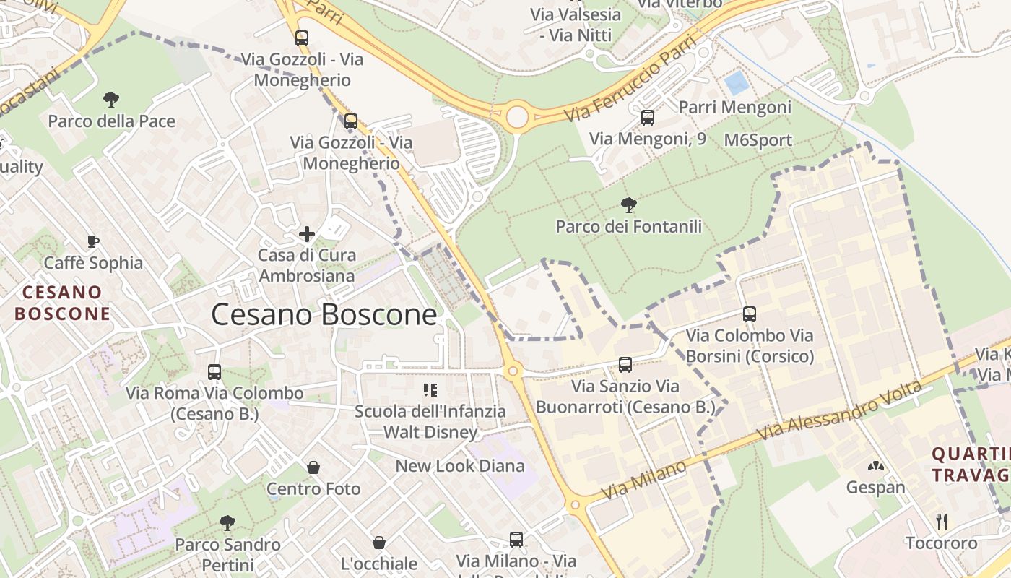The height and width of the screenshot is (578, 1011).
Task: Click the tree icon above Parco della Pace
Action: click(x=110, y=99)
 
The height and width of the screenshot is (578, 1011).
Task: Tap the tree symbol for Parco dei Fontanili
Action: click(x=628, y=204)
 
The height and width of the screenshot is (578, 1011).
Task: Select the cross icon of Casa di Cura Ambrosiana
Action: click(x=307, y=233)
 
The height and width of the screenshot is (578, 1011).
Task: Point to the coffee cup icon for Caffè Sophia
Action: click(x=92, y=241)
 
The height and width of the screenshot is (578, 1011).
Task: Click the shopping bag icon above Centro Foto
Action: click(x=313, y=467)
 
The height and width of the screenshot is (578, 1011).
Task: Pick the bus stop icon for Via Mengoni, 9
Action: click(x=647, y=117)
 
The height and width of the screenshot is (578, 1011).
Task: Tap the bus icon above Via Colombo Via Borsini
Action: click(x=749, y=314)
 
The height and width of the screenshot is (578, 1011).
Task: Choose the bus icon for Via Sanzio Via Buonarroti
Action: click(x=625, y=365)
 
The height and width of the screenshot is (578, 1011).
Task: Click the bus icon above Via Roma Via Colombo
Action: click(x=214, y=372)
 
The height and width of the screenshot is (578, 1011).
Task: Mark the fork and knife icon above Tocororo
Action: click(x=942, y=521)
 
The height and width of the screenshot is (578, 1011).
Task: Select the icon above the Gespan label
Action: click(x=875, y=467)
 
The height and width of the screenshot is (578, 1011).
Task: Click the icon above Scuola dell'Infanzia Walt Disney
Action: click(x=430, y=391)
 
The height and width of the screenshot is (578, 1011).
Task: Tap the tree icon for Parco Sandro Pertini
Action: click(x=227, y=522)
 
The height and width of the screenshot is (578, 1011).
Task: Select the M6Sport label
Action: click(x=758, y=140)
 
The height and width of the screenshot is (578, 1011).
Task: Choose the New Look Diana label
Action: click(x=460, y=466)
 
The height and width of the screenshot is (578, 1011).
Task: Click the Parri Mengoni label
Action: click(x=735, y=108)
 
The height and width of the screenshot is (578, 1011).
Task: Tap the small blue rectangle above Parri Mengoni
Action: click(x=737, y=83)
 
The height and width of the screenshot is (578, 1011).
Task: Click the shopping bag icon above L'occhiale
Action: click(x=379, y=542)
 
